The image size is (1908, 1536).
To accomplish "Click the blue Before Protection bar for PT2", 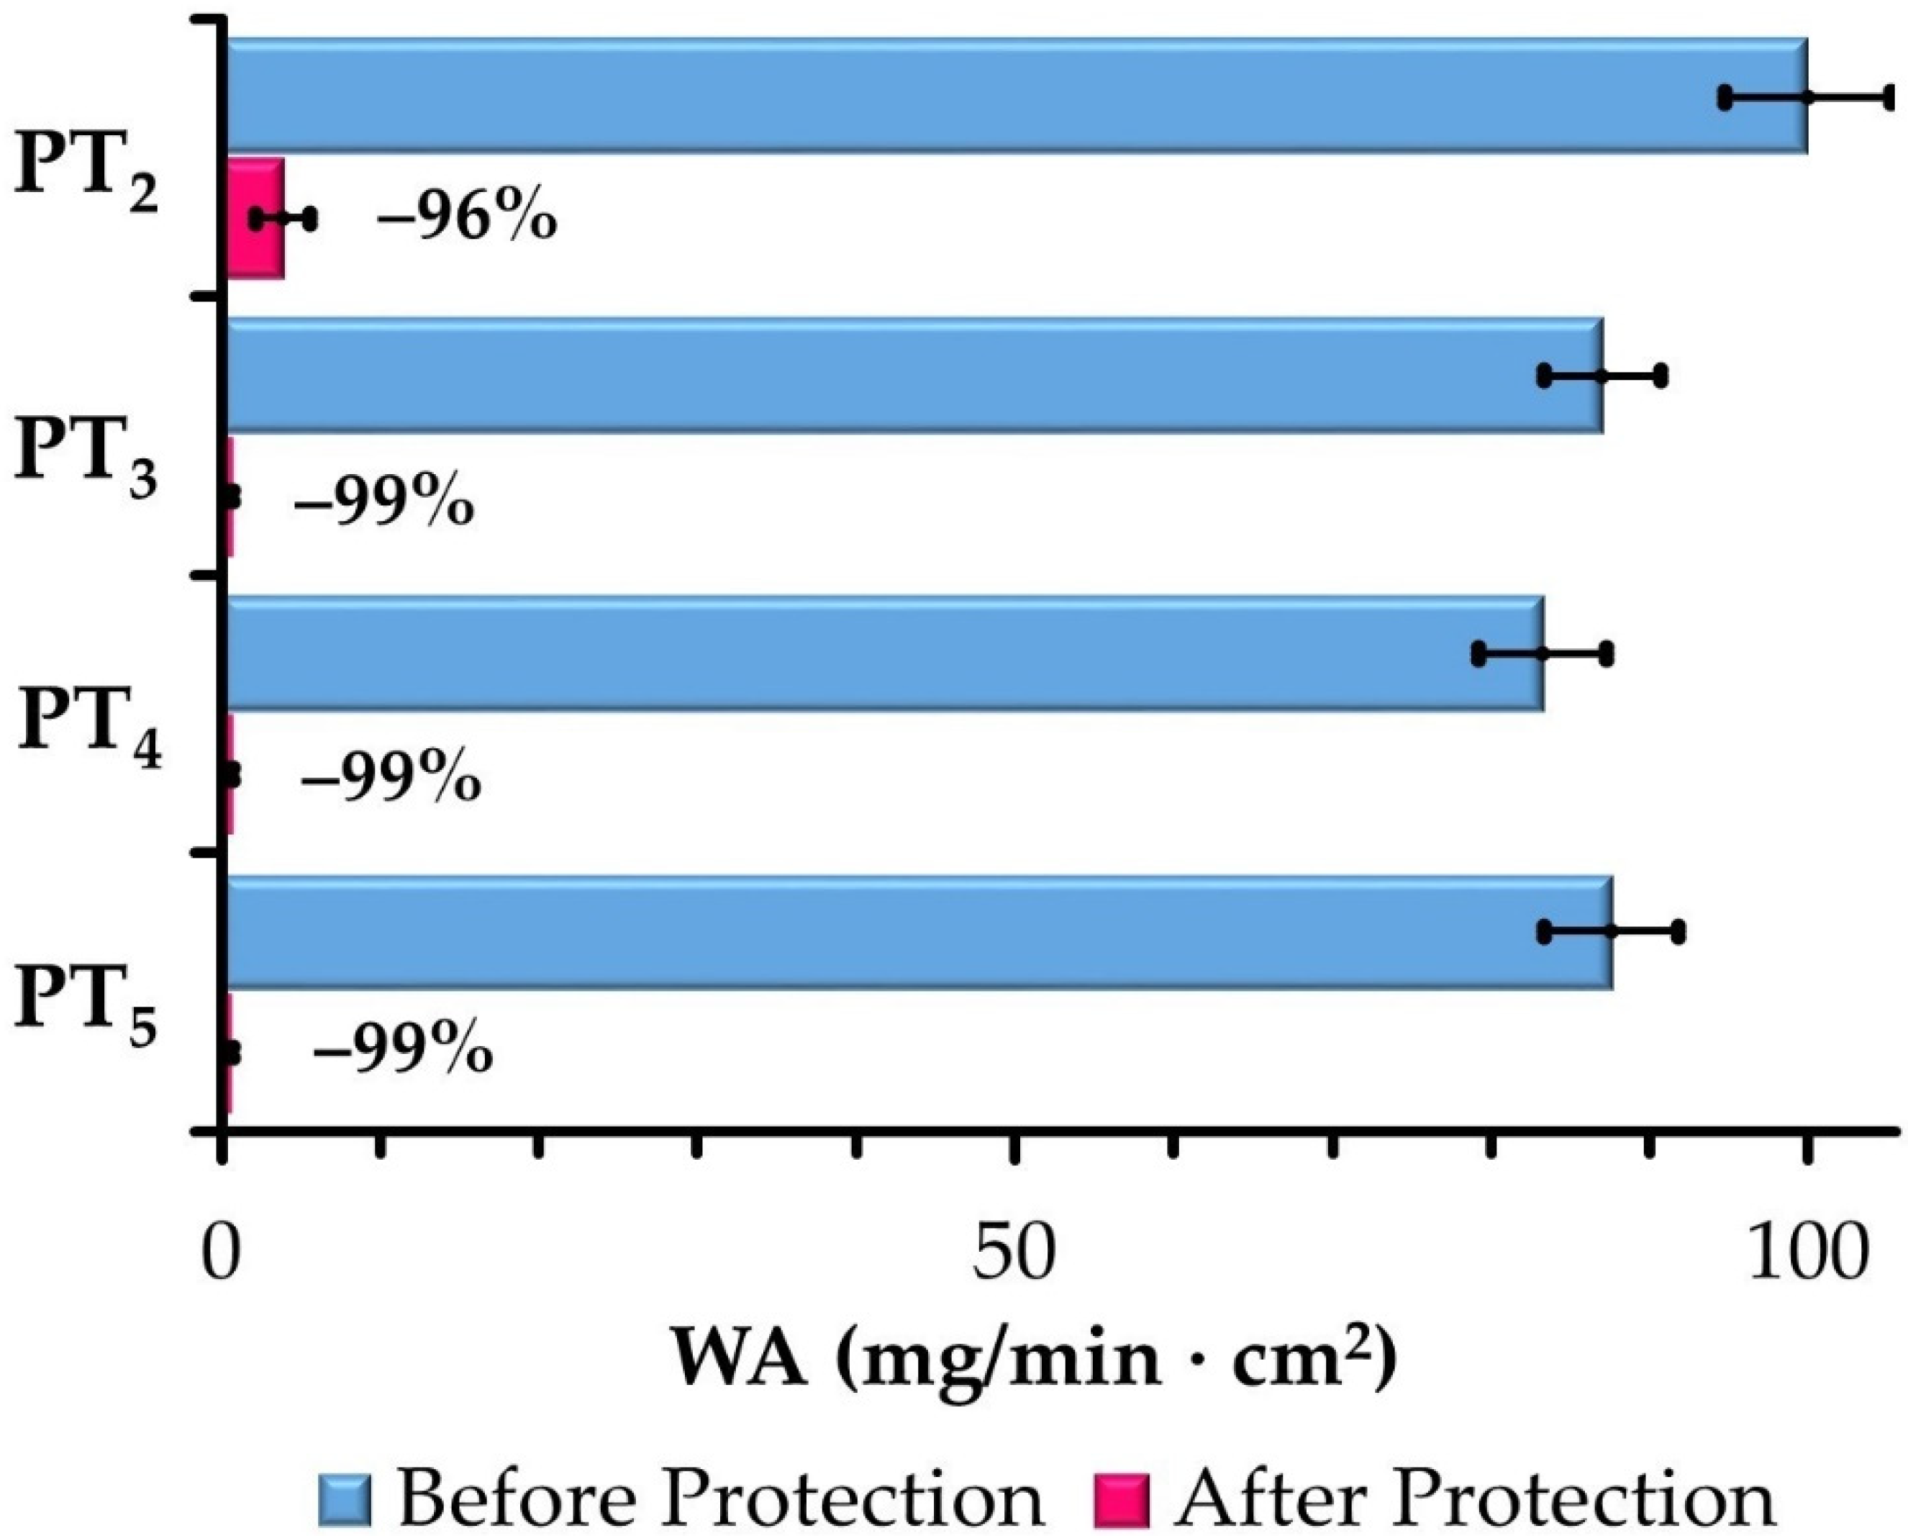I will tap(973, 96).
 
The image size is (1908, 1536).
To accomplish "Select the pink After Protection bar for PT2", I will tap(257, 219).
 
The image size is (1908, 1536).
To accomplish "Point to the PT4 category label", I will tap(89, 732).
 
